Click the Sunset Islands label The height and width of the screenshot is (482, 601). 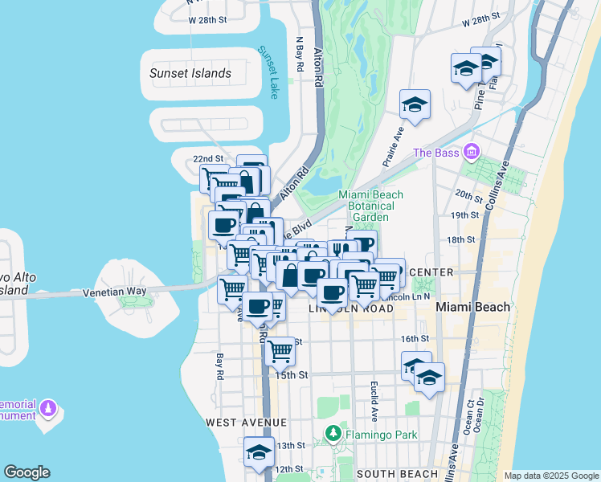coord(190,73)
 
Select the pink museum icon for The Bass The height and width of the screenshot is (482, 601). coord(472,152)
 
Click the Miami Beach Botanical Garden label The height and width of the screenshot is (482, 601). coord(371,206)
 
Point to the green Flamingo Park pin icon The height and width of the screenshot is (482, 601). coord(333,434)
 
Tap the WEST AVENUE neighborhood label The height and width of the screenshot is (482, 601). coord(246,422)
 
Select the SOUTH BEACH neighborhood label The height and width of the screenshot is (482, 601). coord(397,474)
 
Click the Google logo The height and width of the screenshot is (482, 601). coord(27,472)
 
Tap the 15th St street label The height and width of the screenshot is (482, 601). coord(292,374)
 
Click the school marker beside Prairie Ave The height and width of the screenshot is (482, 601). coord(415,104)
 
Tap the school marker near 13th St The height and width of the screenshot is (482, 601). coord(259,451)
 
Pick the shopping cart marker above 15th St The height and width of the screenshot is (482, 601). coord(280,349)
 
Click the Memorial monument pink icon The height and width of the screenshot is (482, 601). coord(49,410)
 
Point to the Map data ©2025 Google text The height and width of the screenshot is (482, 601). coord(552,476)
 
